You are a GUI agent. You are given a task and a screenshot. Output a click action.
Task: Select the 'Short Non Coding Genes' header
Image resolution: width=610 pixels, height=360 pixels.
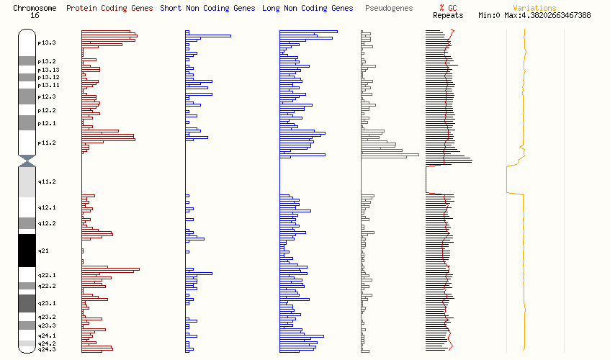pos(207,9)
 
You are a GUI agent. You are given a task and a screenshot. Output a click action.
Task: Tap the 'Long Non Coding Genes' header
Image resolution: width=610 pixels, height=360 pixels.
pos(308,9)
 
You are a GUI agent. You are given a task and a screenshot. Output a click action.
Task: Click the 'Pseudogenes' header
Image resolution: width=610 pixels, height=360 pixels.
pos(389,9)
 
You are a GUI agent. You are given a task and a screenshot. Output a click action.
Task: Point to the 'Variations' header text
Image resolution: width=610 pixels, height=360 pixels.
pos(534,9)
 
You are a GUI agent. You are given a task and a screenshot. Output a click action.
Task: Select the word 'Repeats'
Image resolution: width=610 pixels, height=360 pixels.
pos(448,15)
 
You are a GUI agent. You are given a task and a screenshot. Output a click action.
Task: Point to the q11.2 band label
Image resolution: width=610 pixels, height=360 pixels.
pos(47,181)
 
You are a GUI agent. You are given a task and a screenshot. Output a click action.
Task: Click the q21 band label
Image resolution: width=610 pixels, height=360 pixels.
pos(42,250)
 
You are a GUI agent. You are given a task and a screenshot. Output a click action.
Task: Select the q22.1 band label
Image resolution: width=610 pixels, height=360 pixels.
pos(47,275)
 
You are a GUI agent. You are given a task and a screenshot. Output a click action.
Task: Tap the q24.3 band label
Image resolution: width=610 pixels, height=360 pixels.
pos(47,349)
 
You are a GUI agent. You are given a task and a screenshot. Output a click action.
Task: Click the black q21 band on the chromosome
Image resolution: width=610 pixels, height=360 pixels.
pos(27,250)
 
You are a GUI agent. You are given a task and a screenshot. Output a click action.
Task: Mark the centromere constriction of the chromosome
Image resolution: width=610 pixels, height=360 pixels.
pos(27,161)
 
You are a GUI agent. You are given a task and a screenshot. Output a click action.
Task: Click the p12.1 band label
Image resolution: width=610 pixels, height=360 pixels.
pos(47,123)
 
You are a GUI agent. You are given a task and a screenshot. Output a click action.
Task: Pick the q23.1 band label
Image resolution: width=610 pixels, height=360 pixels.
pos(47,303)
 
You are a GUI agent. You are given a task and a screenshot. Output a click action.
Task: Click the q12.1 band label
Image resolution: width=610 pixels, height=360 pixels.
pos(47,207)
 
